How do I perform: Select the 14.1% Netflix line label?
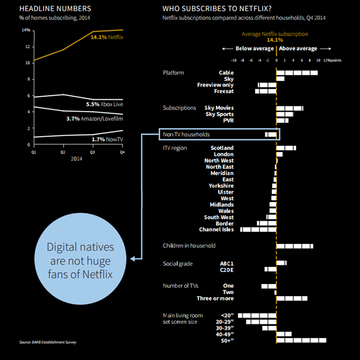click(x=107, y=38)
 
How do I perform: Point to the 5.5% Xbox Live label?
click(x=104, y=105)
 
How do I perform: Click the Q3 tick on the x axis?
click(x=93, y=152)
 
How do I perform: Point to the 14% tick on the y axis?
click(x=26, y=30)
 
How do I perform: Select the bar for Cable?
click(x=297, y=72)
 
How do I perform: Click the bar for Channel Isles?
click(x=258, y=230)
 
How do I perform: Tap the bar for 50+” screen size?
click(x=301, y=340)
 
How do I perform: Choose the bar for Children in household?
click(x=295, y=246)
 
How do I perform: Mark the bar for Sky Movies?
click(x=290, y=108)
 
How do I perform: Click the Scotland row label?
click(x=222, y=148)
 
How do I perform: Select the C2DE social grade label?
click(x=227, y=270)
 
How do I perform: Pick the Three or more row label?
click(x=215, y=298)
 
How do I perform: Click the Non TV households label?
click(x=186, y=135)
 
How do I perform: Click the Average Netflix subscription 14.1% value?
click(x=274, y=40)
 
